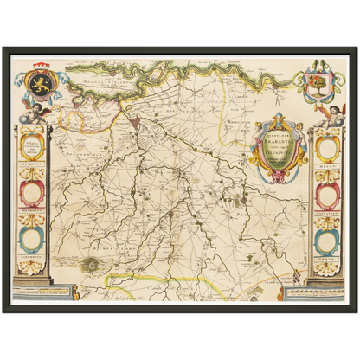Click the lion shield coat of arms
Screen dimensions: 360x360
click(x=42, y=85)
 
